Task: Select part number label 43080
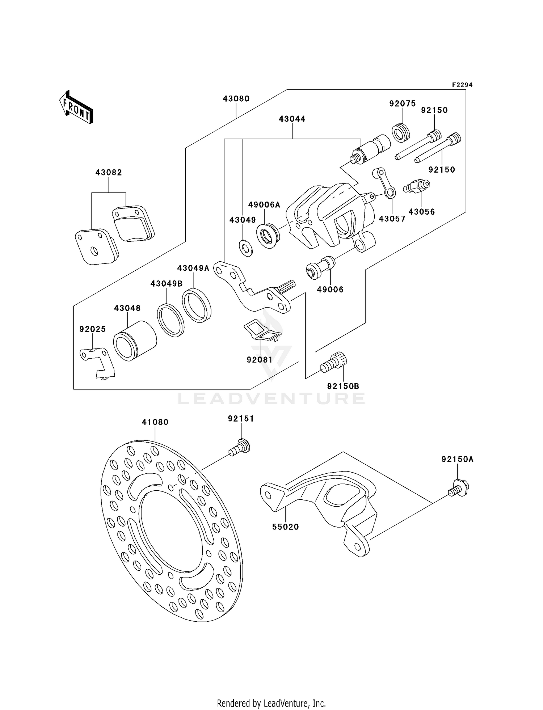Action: click(236, 99)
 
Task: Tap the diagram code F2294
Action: click(462, 85)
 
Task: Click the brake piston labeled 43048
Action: click(134, 341)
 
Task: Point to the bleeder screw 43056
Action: click(417, 187)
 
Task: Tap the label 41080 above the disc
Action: click(155, 422)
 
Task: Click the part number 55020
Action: click(286, 527)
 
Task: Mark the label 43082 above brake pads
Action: click(109, 173)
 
